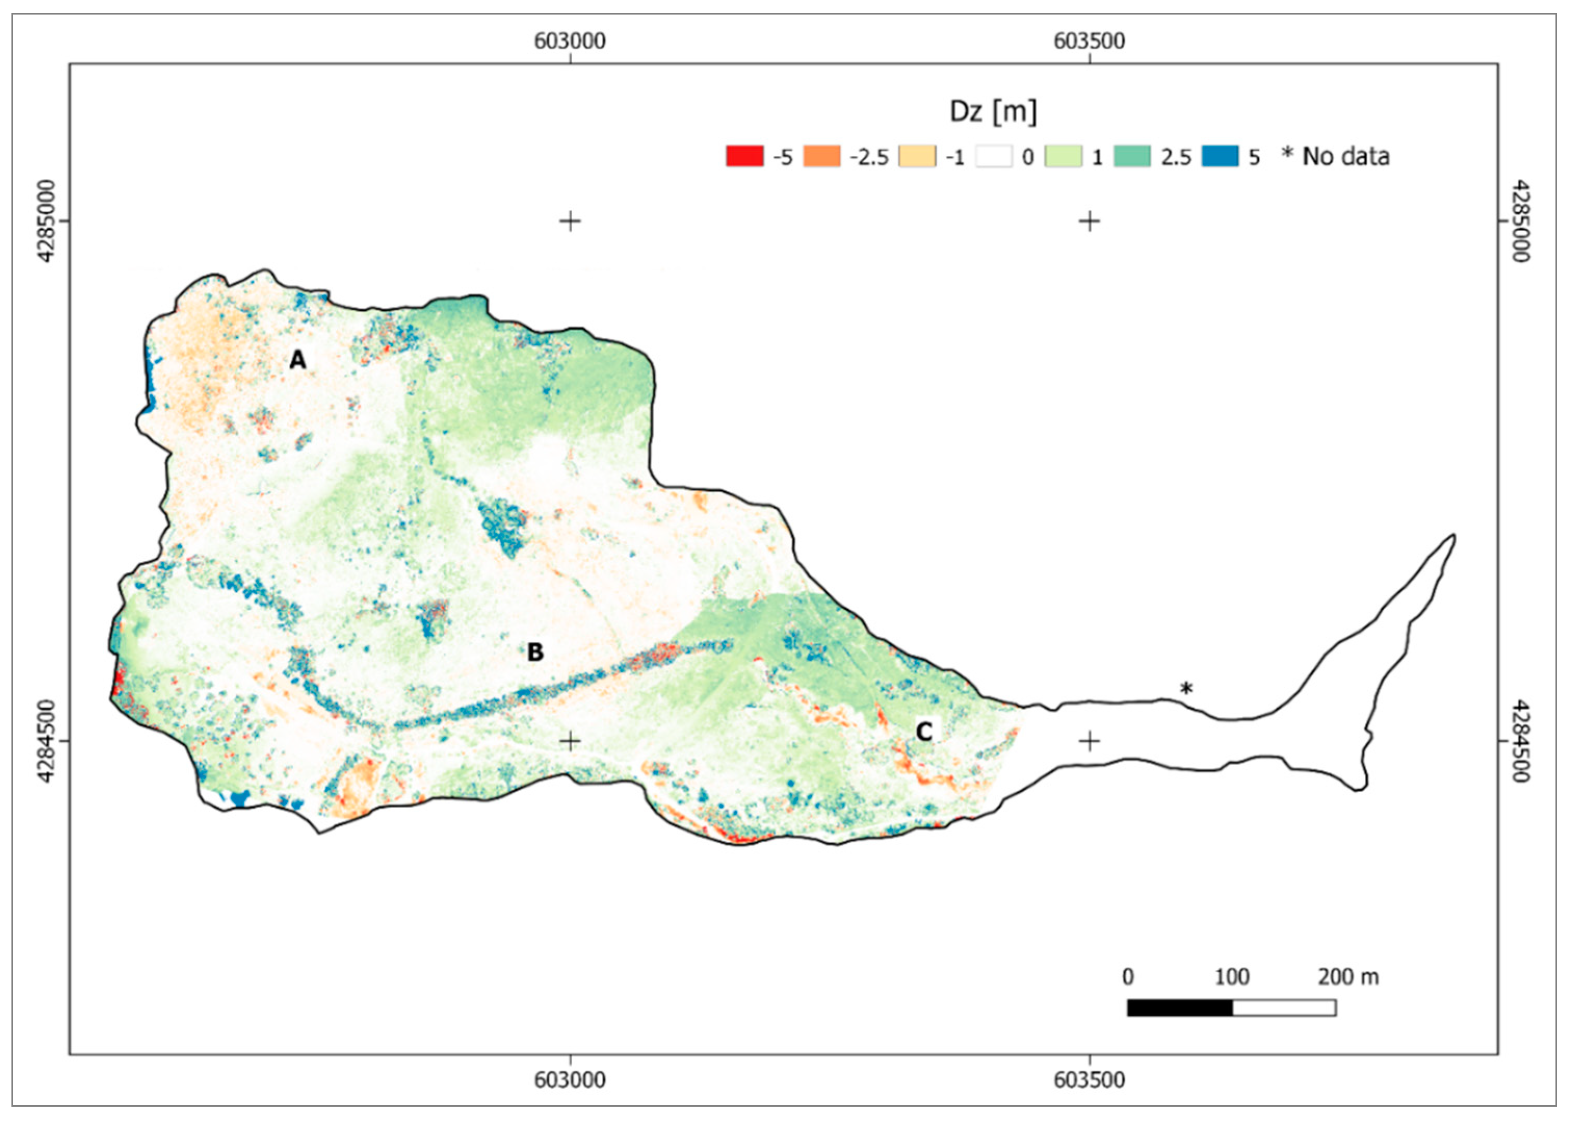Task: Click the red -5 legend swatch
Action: tap(744, 156)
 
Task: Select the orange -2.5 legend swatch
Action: tap(821, 156)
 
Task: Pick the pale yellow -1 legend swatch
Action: tap(917, 156)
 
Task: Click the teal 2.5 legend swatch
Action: tap(1132, 156)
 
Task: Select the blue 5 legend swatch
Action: tap(1220, 156)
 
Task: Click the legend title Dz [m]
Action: tap(993, 111)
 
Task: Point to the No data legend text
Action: tap(1345, 157)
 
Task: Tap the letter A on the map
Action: tap(297, 360)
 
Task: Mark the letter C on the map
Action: tap(923, 732)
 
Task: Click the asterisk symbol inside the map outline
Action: tap(1186, 689)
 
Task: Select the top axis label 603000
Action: tap(570, 42)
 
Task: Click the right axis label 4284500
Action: tap(1520, 741)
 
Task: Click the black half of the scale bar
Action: tap(1180, 1008)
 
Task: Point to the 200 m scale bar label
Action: tap(1348, 977)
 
